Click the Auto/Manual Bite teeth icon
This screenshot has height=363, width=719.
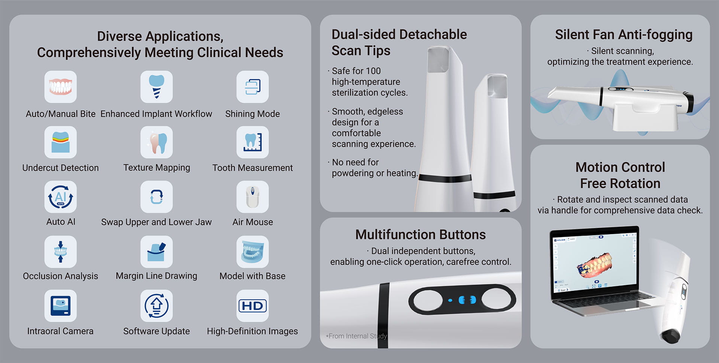click(60, 87)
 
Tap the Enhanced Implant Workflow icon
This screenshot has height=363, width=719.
click(157, 87)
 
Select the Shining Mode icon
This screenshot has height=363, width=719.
click(252, 87)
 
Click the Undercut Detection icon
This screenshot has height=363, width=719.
click(60, 142)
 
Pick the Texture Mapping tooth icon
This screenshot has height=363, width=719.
click(157, 142)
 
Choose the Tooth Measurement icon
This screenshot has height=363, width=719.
click(252, 142)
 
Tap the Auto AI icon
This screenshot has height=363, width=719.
click(60, 197)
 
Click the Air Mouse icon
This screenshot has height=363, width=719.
click(252, 197)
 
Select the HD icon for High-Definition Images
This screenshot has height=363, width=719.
click(252, 306)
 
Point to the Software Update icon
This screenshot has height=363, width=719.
click(157, 306)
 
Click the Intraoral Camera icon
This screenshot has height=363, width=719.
click(60, 306)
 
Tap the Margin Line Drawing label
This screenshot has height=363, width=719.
click(157, 276)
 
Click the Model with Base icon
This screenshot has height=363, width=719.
click(252, 252)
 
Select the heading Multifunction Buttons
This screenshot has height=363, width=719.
click(421, 234)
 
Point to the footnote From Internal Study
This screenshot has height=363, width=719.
click(357, 336)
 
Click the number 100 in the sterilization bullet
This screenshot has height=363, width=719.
click(373, 71)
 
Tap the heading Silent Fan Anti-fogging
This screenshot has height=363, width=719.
click(624, 34)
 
